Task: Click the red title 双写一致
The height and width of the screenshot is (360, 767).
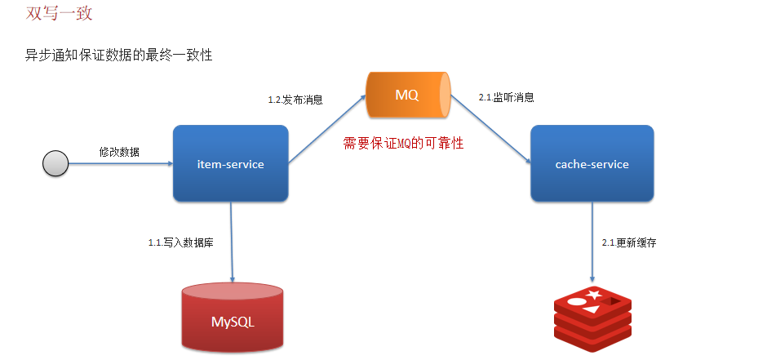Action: pyautogui.click(x=59, y=13)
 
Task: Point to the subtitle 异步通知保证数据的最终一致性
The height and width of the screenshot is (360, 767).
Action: pyautogui.click(x=119, y=56)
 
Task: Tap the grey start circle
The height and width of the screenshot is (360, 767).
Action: pyautogui.click(x=55, y=163)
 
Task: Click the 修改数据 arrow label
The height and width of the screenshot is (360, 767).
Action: pyautogui.click(x=119, y=152)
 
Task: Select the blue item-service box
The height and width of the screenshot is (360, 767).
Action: pyautogui.click(x=230, y=163)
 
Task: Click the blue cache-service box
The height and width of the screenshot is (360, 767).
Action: pyautogui.click(x=592, y=163)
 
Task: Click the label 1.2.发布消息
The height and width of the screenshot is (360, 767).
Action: pyautogui.click(x=295, y=100)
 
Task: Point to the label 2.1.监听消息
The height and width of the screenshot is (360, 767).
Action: pyautogui.click(x=506, y=97)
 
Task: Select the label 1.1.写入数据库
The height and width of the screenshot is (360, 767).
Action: pyautogui.click(x=181, y=242)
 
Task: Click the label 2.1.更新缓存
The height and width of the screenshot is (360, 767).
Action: pyautogui.click(x=629, y=242)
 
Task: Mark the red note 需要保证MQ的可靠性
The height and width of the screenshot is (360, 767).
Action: pyautogui.click(x=403, y=144)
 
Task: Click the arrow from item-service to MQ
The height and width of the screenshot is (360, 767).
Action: pyautogui.click(x=327, y=129)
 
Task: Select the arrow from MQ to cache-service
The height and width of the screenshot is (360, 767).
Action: pyautogui.click(x=490, y=129)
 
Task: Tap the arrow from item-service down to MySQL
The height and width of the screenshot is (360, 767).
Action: pyautogui.click(x=232, y=242)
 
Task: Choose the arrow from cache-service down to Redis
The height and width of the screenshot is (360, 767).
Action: pyautogui.click(x=592, y=242)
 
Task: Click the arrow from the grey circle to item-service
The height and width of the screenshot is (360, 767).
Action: pyautogui.click(x=121, y=163)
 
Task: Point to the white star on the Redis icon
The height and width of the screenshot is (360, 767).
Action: pyautogui.click(x=594, y=295)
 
